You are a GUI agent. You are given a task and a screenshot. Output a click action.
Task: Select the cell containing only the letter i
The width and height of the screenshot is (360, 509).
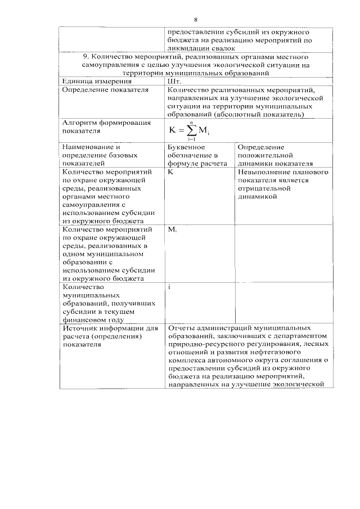[169, 287]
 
